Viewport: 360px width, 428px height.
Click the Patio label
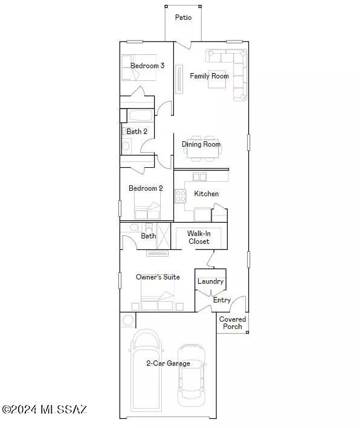coord(184,18)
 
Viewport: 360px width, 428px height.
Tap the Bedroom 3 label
coord(148,66)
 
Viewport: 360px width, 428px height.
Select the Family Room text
coord(209,76)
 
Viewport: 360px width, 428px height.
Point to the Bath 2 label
coord(137,131)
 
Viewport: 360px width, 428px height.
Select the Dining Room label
coord(201,145)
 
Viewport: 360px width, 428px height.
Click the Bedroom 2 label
coord(146,188)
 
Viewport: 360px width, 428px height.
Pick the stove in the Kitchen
coord(180,195)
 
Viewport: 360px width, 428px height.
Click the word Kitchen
coord(206,194)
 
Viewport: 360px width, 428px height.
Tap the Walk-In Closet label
coord(198,237)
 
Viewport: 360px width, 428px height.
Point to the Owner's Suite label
coord(158,277)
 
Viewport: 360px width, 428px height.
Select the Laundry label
coord(210,281)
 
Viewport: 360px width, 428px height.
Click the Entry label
coord(222,300)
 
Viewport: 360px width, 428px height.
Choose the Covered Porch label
coord(232,323)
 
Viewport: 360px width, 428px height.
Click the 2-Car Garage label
coord(168,363)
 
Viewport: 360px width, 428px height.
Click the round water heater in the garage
coord(127,320)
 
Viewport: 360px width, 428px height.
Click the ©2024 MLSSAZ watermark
coord(45,410)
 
